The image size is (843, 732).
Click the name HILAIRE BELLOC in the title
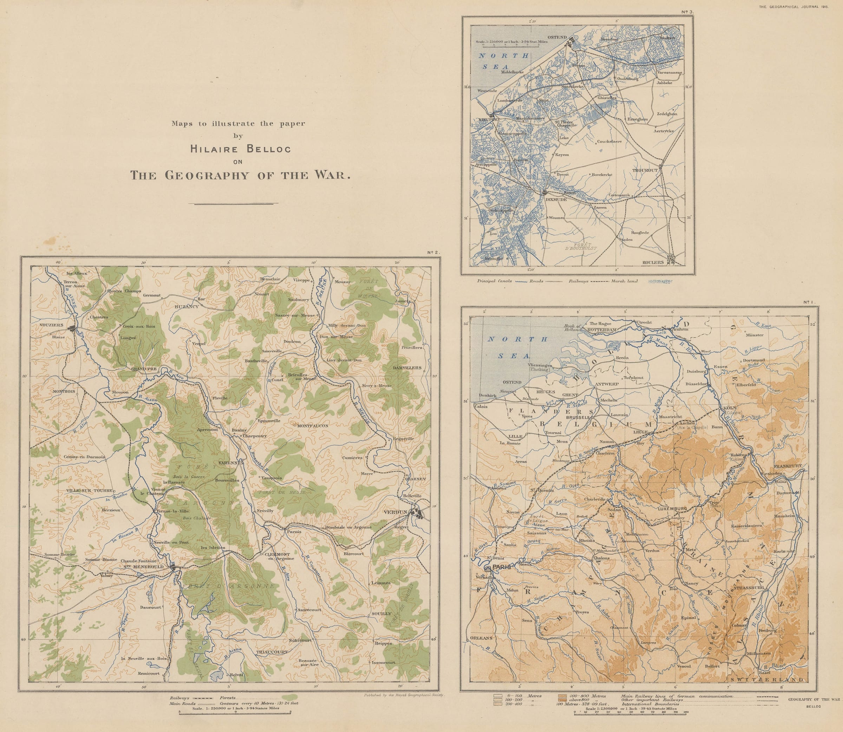[x=240, y=149]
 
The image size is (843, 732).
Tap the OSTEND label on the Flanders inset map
[x=557, y=37]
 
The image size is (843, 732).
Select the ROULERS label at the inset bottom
[x=653, y=262]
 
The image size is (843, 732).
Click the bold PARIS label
[x=502, y=567]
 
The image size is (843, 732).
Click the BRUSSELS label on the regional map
[x=577, y=418]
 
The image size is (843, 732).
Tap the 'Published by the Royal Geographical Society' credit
[x=404, y=694]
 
